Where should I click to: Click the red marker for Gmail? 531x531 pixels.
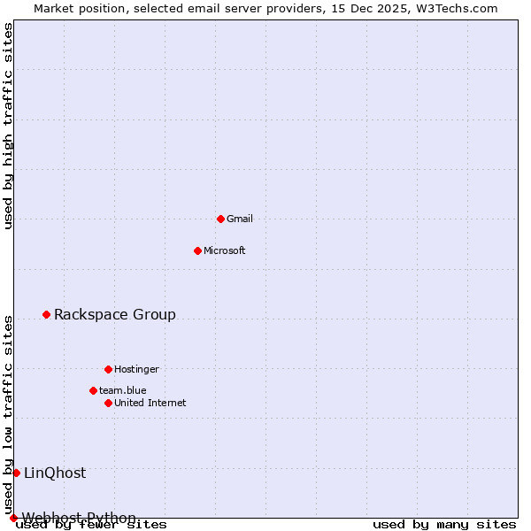click(220, 219)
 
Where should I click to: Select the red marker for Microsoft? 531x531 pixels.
click(197, 250)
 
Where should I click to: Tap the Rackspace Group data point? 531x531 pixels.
click(46, 314)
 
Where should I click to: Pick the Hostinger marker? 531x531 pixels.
click(108, 369)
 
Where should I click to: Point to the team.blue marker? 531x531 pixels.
click(93, 390)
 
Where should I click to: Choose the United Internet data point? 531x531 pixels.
click(108, 403)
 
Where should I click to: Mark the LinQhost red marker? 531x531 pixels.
click(16, 473)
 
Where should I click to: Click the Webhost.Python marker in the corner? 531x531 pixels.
click(13, 518)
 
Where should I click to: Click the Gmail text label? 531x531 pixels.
click(240, 219)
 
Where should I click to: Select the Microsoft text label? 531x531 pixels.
click(225, 250)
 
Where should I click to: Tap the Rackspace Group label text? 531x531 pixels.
click(115, 314)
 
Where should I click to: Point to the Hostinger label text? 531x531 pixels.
click(136, 369)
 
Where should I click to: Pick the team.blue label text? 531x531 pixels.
click(123, 390)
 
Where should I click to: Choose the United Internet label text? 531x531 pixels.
click(150, 403)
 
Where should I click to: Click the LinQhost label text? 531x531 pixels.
click(55, 473)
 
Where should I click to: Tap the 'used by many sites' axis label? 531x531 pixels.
click(444, 524)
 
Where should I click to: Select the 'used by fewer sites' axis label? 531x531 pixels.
click(91, 524)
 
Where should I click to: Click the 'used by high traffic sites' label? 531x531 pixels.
click(8, 126)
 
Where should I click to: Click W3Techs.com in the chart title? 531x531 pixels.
click(458, 8)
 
